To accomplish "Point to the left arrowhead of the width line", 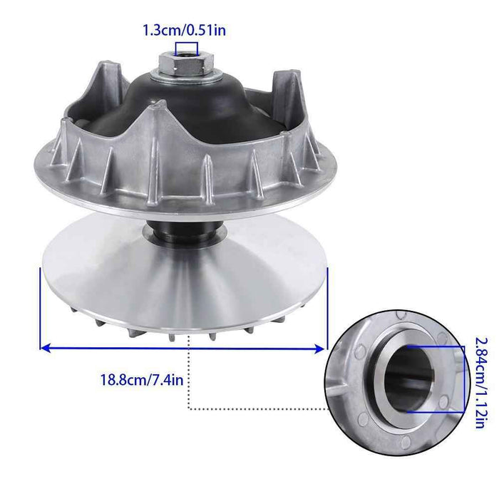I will (44, 349).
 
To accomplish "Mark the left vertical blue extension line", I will (38, 307).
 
